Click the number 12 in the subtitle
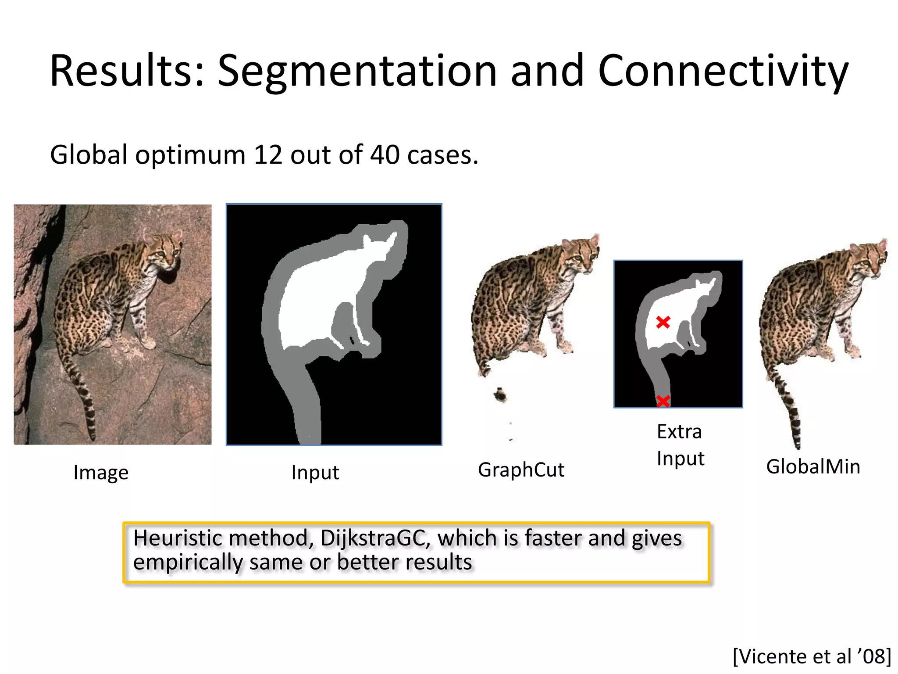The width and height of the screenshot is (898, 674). coord(268,155)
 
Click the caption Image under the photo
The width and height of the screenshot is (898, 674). coord(101,473)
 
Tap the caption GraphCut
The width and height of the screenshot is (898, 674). coord(521,470)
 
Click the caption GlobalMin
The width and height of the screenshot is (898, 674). coord(813,466)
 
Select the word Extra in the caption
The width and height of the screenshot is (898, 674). coord(679,432)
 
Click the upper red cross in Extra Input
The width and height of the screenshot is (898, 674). coord(663,323)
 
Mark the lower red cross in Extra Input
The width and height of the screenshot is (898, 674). coord(663,401)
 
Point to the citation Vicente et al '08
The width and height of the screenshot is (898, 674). coord(812,656)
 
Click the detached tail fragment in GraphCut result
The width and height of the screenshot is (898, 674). coord(500,395)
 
